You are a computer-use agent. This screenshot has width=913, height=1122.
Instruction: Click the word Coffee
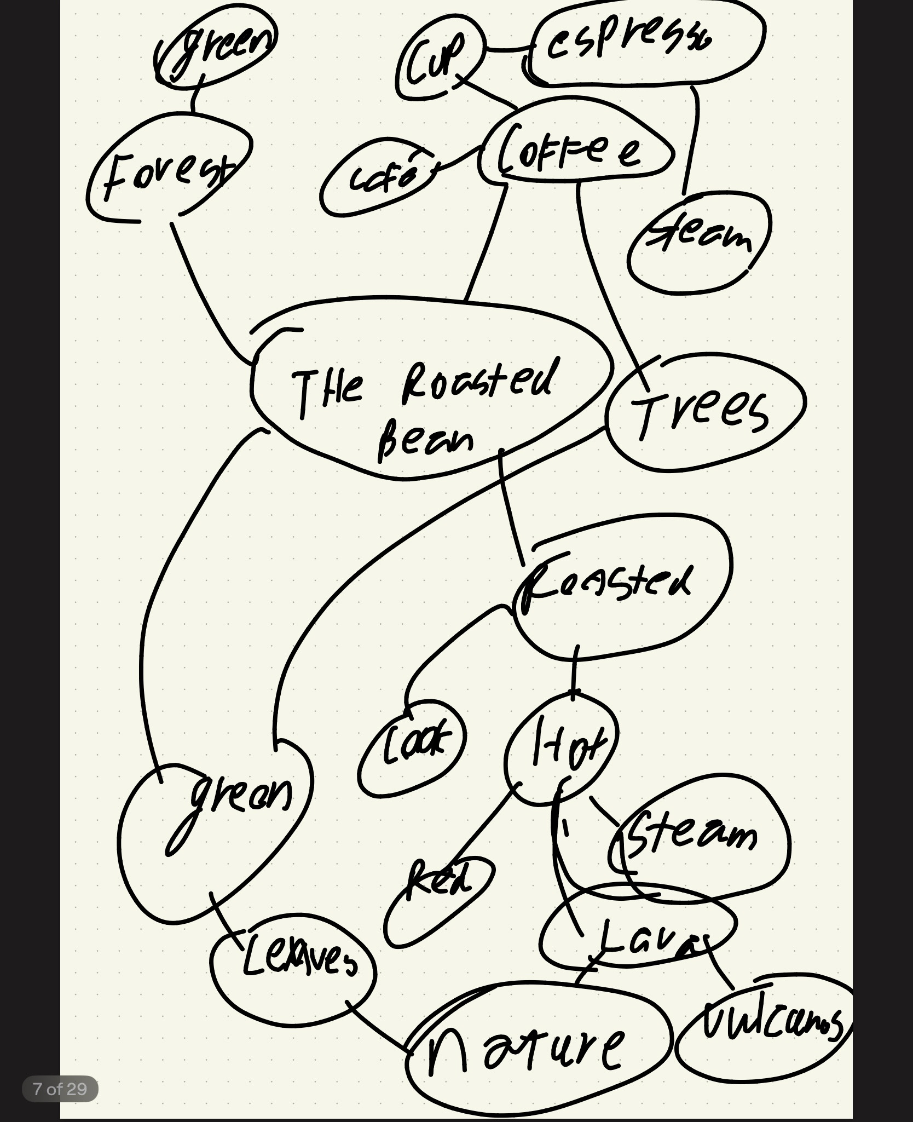point(569,151)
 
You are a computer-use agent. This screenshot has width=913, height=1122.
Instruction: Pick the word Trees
point(701,413)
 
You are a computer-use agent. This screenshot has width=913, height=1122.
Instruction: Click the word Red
point(438,879)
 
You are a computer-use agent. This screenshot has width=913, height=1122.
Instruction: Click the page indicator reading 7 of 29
point(60,1089)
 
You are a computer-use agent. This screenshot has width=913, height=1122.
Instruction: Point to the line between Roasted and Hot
point(575,671)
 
